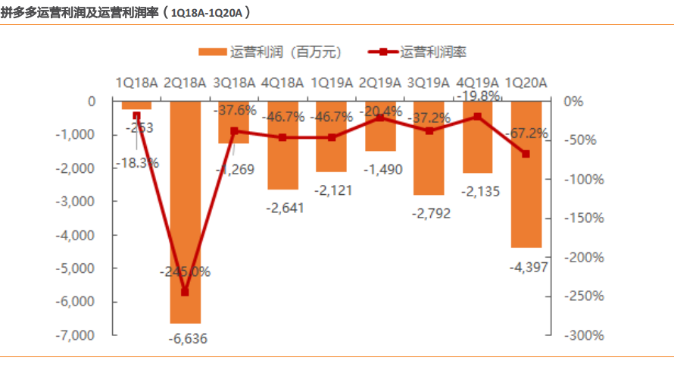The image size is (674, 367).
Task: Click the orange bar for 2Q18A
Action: click(x=186, y=212)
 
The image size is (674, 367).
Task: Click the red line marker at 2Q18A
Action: click(x=186, y=292)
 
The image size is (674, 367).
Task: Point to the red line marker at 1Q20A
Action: click(x=526, y=154)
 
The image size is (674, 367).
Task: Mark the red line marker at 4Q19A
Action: click(x=478, y=117)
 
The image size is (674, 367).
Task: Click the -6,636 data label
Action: click(x=186, y=338)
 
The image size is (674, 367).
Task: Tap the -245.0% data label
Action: click(x=186, y=271)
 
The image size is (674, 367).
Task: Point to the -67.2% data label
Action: click(x=527, y=133)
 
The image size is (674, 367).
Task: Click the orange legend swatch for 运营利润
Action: click(x=212, y=52)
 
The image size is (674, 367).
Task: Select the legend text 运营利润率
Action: click(x=434, y=52)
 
